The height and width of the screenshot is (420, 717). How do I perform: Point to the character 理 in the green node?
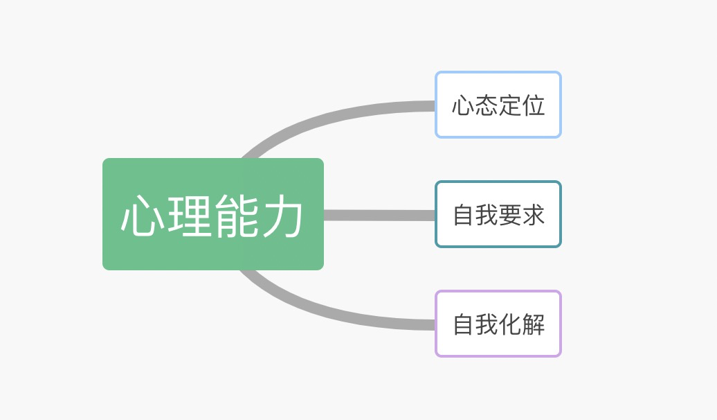(x=190, y=216)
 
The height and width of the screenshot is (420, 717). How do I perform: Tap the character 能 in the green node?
(x=236, y=216)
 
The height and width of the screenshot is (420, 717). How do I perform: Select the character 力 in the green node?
(x=282, y=216)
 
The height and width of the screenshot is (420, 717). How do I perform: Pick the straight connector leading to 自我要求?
(x=379, y=215)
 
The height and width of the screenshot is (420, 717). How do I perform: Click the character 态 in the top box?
(x=487, y=105)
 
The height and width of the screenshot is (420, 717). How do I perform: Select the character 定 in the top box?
(x=510, y=105)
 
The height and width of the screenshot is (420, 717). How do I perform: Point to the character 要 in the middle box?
(x=510, y=215)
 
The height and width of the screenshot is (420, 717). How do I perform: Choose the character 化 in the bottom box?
(x=510, y=324)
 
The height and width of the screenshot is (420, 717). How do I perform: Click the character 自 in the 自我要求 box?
(x=464, y=215)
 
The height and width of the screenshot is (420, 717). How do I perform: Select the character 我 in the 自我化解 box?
(x=487, y=324)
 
